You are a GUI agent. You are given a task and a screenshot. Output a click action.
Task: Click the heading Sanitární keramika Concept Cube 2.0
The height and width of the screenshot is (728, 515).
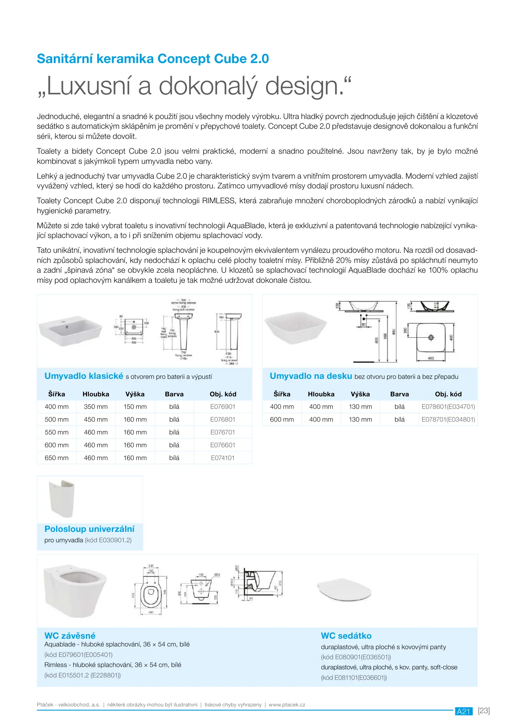(x=153, y=59)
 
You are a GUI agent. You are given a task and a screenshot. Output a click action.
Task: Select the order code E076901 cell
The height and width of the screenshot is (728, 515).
(x=223, y=407)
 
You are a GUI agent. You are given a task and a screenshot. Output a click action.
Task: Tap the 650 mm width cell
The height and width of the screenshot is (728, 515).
(x=57, y=458)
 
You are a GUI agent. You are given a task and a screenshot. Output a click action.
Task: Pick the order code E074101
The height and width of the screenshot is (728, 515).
(x=223, y=458)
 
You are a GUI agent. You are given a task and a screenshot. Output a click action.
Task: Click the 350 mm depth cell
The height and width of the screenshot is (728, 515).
(x=96, y=407)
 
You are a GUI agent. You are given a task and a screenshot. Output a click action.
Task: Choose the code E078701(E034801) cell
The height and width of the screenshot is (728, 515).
(x=448, y=420)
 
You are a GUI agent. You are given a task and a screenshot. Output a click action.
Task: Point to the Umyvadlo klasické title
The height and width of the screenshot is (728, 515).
(x=84, y=376)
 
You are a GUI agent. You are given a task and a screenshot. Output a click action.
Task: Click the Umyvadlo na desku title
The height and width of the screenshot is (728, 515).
(x=311, y=376)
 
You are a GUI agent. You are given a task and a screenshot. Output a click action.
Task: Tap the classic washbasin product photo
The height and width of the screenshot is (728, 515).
(x=70, y=331)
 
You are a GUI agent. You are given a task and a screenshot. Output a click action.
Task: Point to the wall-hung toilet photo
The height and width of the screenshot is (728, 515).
(x=74, y=590)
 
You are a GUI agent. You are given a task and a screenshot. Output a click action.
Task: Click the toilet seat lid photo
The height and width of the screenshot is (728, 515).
(x=344, y=590)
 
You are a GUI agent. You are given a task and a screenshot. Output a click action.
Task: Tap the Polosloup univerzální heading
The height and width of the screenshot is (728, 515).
(x=89, y=529)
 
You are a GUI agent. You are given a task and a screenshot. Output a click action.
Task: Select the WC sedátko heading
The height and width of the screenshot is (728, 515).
(x=346, y=636)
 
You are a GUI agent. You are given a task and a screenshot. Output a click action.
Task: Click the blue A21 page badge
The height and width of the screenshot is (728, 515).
(x=463, y=711)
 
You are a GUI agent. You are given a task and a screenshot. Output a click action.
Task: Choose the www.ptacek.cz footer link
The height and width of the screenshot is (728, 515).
(x=287, y=705)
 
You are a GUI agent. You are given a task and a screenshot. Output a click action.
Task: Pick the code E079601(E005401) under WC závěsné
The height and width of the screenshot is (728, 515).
(x=78, y=655)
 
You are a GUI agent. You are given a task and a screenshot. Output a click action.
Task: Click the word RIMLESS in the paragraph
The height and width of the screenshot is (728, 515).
(x=218, y=201)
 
